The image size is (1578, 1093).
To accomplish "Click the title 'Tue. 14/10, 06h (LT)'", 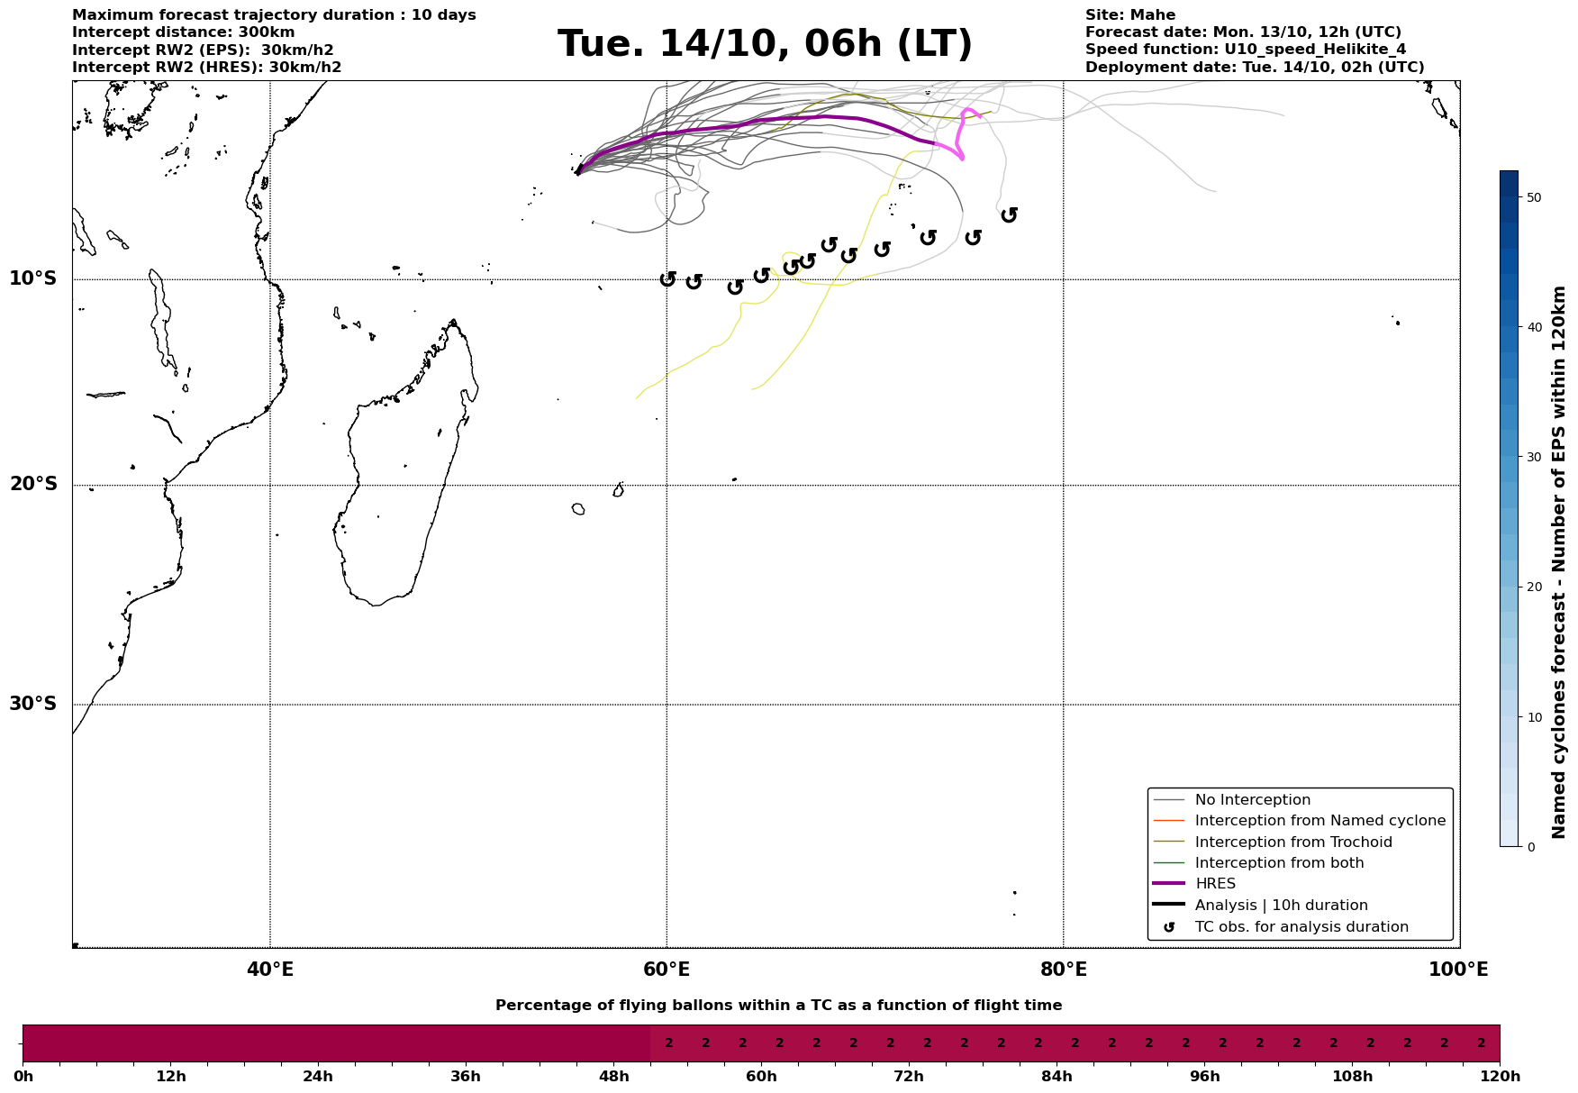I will click(765, 44).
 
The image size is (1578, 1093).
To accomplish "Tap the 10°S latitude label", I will click(33, 278).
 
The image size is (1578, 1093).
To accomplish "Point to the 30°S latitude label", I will click(33, 704).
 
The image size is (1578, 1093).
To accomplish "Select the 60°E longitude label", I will click(667, 970).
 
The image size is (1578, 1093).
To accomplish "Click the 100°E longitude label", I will click(1458, 970).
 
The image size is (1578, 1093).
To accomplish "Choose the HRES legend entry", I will click(1215, 884).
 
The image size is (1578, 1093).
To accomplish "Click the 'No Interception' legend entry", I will click(1252, 800).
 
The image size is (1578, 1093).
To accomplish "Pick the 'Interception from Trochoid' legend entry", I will click(1292, 843).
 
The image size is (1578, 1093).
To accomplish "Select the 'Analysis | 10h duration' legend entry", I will click(1281, 906).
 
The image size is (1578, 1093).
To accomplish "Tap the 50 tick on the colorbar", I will click(1535, 197).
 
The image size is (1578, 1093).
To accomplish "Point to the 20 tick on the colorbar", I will click(1535, 587).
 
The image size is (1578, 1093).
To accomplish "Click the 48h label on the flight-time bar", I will click(613, 1077).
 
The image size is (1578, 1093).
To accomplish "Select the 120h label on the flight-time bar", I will click(1500, 1077).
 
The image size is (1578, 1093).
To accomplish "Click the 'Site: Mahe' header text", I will click(1129, 15).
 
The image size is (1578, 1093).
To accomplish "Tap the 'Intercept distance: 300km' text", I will click(183, 32).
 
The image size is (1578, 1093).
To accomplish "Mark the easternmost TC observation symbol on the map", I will click(1009, 214).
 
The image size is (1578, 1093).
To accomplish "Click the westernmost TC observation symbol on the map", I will click(667, 279).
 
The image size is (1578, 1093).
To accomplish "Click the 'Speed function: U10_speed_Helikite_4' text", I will click(1245, 50).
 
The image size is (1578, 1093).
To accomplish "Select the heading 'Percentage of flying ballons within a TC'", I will click(778, 1006).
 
